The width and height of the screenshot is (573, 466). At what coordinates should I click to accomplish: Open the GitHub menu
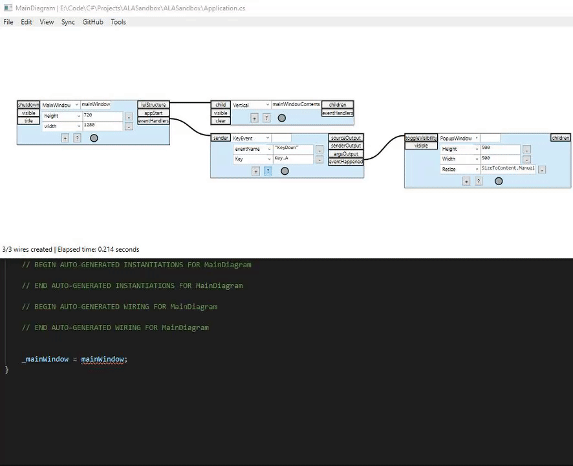pyautogui.click(x=92, y=22)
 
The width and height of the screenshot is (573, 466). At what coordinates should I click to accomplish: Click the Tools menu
pyautogui.click(x=118, y=22)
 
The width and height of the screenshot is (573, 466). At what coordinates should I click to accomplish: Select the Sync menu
pyautogui.click(x=68, y=22)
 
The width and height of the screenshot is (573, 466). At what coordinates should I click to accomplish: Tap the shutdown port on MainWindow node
pyautogui.click(x=28, y=105)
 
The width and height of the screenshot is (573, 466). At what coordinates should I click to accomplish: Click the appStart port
pyautogui.click(x=153, y=113)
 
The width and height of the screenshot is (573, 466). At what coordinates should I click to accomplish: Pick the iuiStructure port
pyautogui.click(x=153, y=105)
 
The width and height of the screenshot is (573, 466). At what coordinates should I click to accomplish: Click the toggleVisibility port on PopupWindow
pyautogui.click(x=421, y=138)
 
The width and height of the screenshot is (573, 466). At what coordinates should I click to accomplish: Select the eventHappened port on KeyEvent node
pyautogui.click(x=346, y=162)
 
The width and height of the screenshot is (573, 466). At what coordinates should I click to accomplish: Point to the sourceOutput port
pyautogui.click(x=346, y=138)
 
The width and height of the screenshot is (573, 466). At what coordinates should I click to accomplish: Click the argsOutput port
pyautogui.click(x=346, y=154)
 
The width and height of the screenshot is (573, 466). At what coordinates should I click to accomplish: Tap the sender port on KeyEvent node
pyautogui.click(x=221, y=138)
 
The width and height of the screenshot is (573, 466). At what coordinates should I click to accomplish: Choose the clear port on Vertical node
pyautogui.click(x=221, y=121)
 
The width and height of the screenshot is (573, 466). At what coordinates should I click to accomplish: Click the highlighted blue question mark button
pyautogui.click(x=268, y=171)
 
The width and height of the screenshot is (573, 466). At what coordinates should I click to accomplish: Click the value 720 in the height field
pyautogui.click(x=102, y=115)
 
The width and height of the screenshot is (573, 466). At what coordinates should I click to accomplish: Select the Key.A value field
pyautogui.click(x=293, y=159)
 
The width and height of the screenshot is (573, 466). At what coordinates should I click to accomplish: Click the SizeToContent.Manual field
pyautogui.click(x=508, y=169)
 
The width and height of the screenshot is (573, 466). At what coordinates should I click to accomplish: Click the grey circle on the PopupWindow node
pyautogui.click(x=499, y=181)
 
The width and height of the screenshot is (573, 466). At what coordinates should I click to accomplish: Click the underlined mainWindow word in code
pyautogui.click(x=102, y=359)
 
